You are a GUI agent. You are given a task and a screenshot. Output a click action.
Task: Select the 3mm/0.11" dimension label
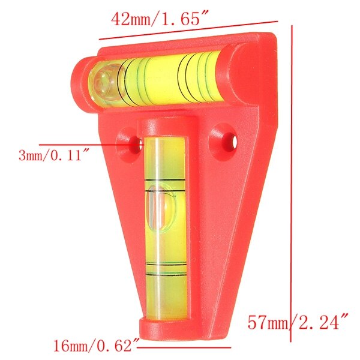pyautogui.click(x=54, y=156)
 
